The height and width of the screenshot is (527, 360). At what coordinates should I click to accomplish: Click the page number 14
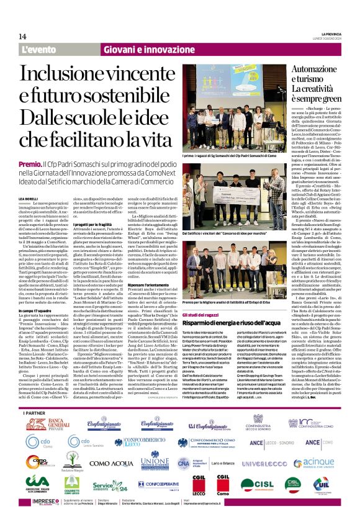pyautogui.click(x=22, y=37)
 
